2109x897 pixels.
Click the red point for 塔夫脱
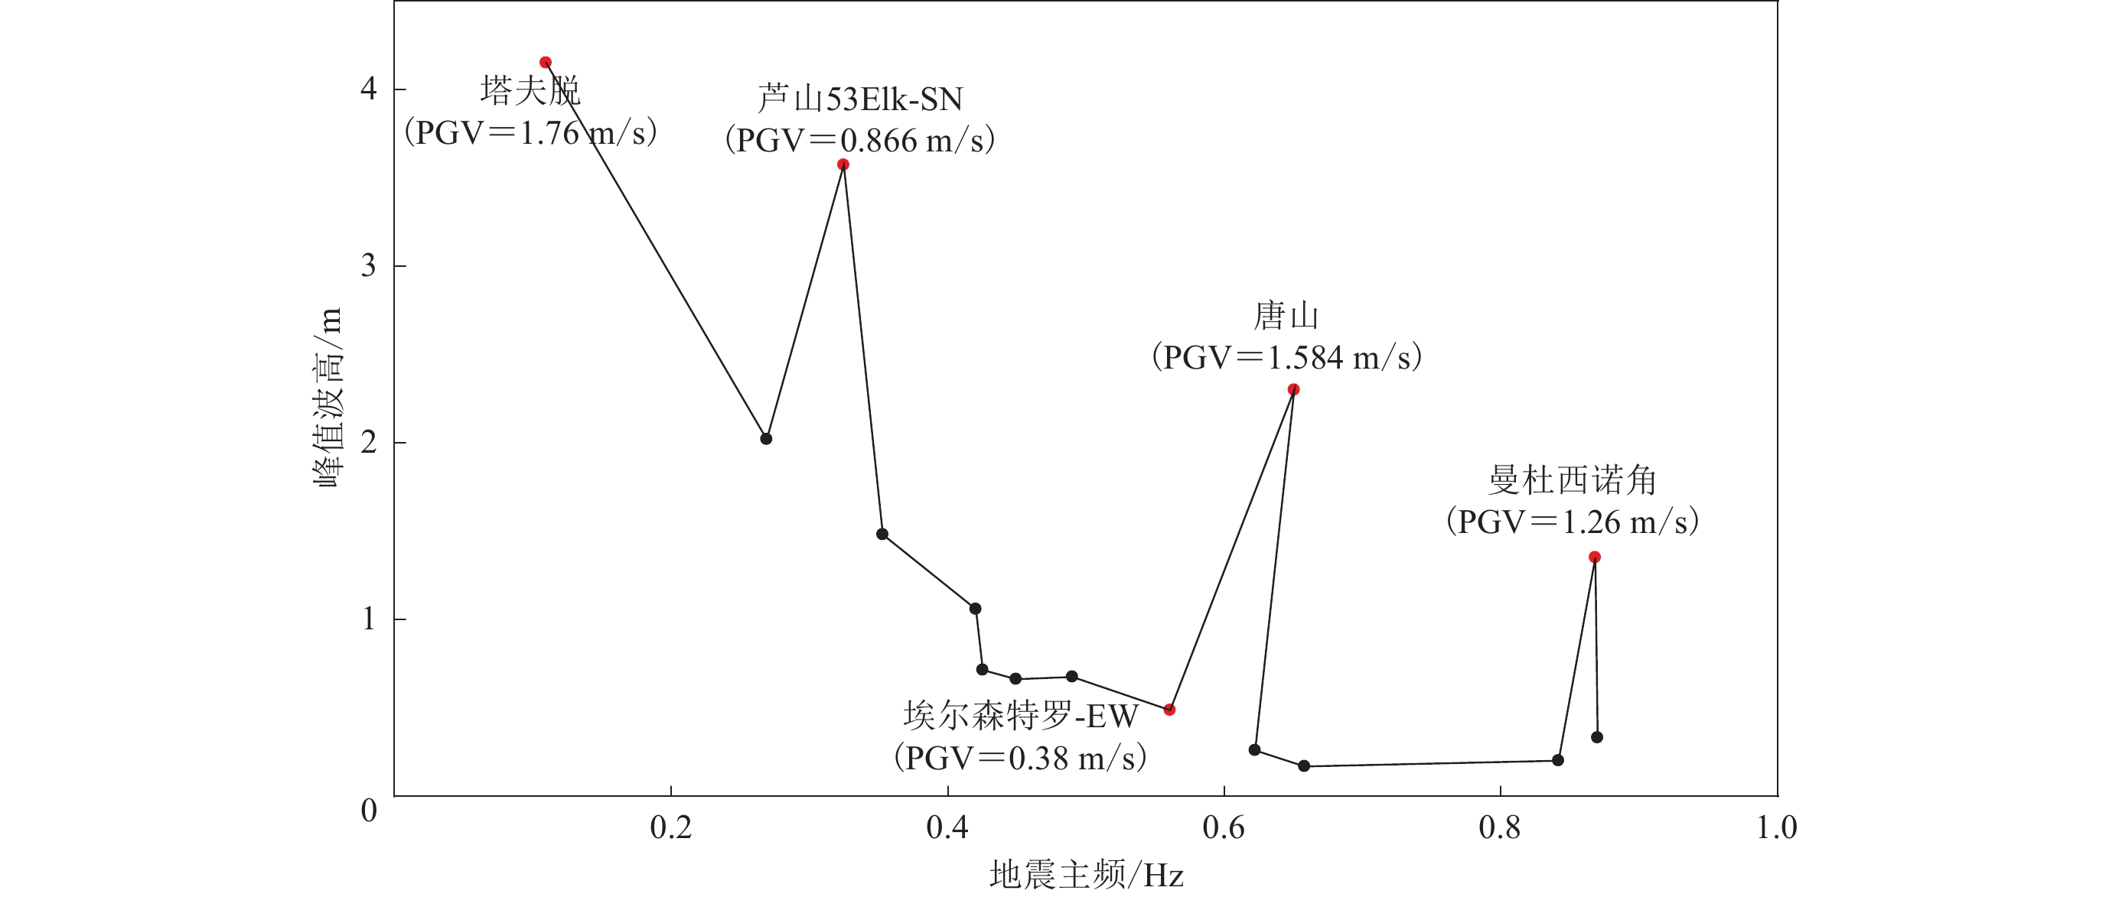546,62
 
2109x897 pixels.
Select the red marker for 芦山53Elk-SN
843,164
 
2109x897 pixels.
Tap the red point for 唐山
1293,389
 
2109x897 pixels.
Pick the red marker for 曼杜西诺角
1595,557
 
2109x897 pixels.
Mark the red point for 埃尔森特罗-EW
1170,710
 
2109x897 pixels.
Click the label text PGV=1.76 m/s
530,132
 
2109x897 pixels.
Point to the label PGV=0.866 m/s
859,140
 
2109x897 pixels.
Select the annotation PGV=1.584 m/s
1286,357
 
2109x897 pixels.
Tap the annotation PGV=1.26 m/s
1572,522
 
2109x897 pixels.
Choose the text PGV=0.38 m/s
1020,758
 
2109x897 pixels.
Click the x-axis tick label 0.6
1223,827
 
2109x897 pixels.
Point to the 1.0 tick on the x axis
1777,827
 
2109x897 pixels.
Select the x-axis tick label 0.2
670,827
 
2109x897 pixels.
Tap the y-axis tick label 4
368,89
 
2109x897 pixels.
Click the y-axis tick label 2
368,443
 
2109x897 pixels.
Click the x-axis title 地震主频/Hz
1087,875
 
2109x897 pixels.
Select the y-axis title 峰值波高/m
328,398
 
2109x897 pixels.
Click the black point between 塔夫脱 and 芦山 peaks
766,439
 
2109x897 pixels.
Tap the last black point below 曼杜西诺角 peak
1597,737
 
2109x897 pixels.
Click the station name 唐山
1286,316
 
